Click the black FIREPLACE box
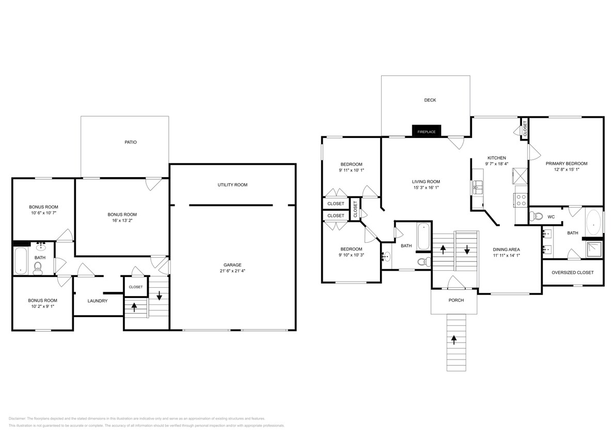[x=426, y=132]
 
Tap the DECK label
[x=430, y=100]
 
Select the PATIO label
[x=131, y=142]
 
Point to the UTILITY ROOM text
[x=232, y=185]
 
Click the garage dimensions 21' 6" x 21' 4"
[x=232, y=271]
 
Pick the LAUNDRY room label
[x=98, y=301]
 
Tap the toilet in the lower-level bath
[x=37, y=267]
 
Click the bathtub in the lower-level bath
[x=21, y=260]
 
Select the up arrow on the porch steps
[x=454, y=339]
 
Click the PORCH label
[x=456, y=301]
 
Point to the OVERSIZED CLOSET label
[x=573, y=273]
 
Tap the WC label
[x=551, y=217]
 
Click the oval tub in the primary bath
[x=594, y=224]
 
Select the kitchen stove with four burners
[x=520, y=199]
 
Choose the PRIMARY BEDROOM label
[x=566, y=164]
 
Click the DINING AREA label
[x=506, y=250]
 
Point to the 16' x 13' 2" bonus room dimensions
[x=122, y=221]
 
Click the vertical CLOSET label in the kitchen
[x=525, y=128]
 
